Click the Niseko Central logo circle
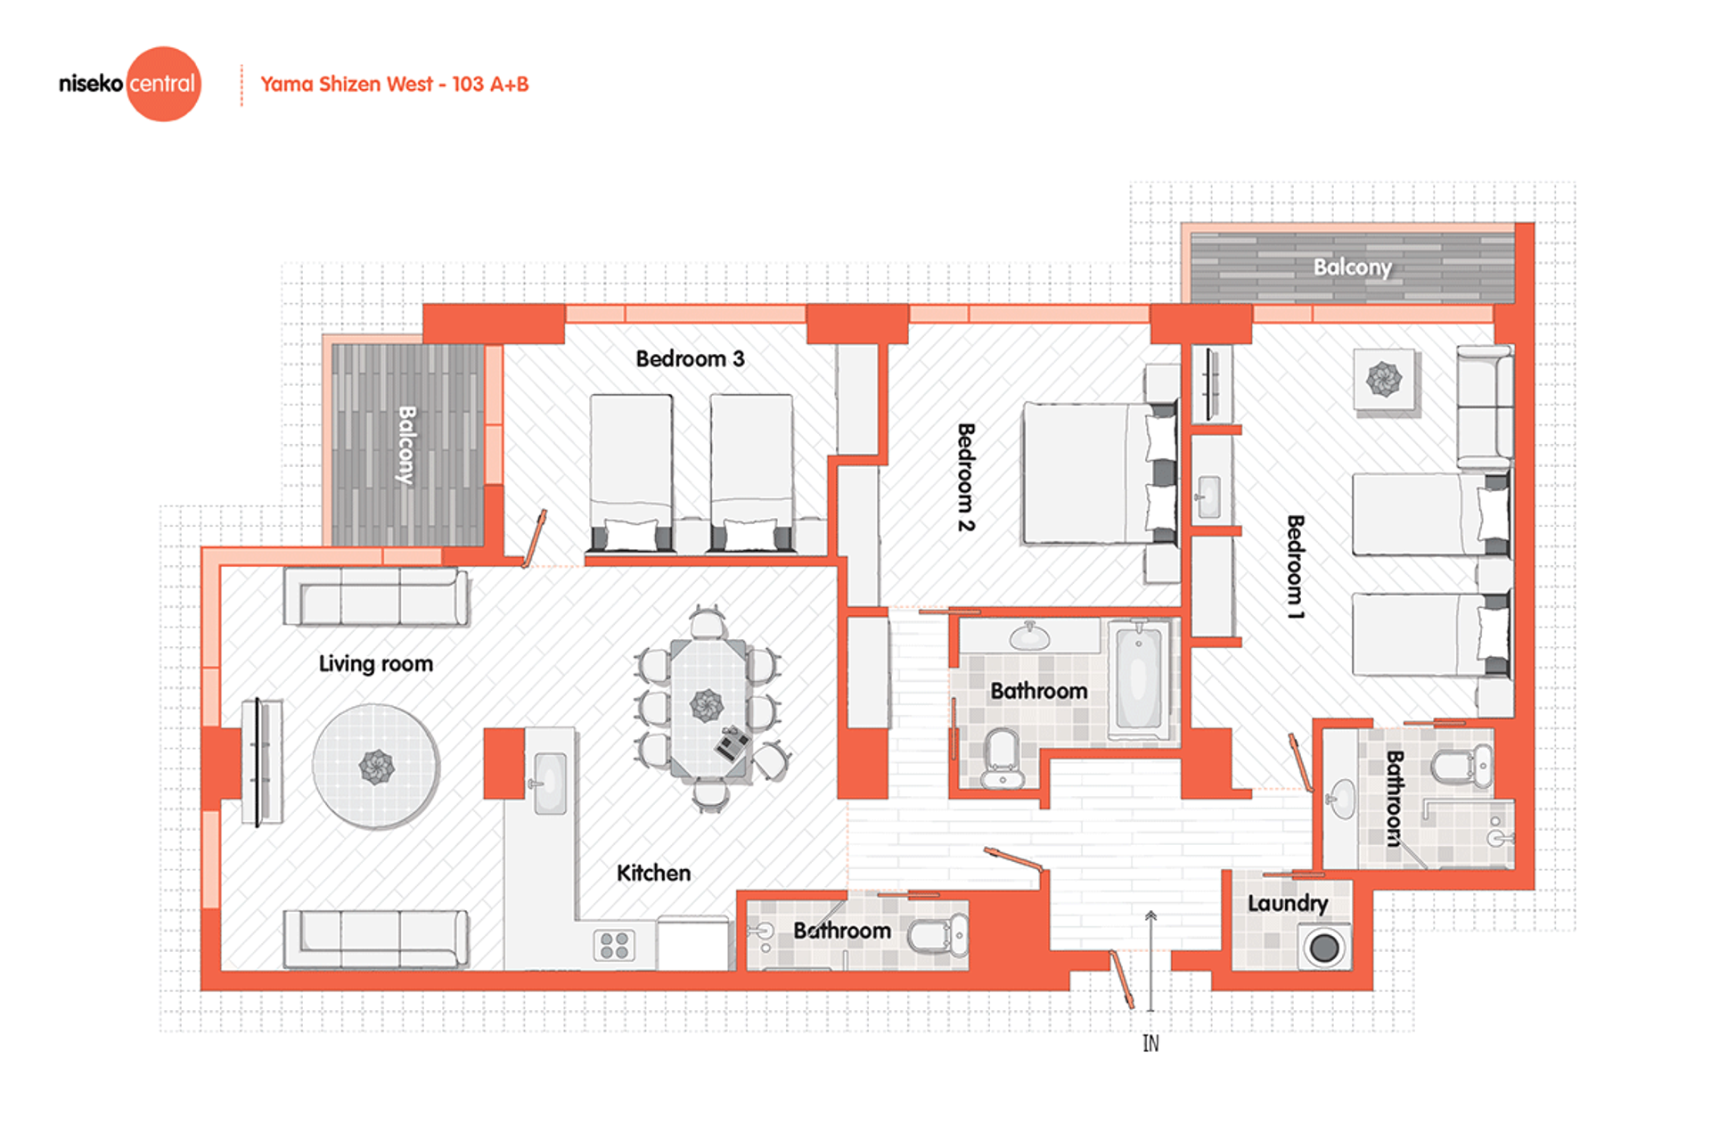point(164,84)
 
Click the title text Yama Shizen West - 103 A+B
point(395,85)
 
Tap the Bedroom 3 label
point(690,358)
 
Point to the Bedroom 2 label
point(966,477)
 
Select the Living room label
point(376,663)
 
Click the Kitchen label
point(653,873)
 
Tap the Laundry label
point(1288,904)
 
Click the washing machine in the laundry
point(1324,947)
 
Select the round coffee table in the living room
point(376,767)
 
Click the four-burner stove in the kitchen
point(614,945)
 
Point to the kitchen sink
point(549,783)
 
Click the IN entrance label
point(1150,1043)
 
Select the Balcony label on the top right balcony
point(1352,267)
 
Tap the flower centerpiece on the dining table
point(708,705)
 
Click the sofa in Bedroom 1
point(1486,406)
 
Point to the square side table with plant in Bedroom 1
point(1384,380)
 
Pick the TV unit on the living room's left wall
point(262,762)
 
